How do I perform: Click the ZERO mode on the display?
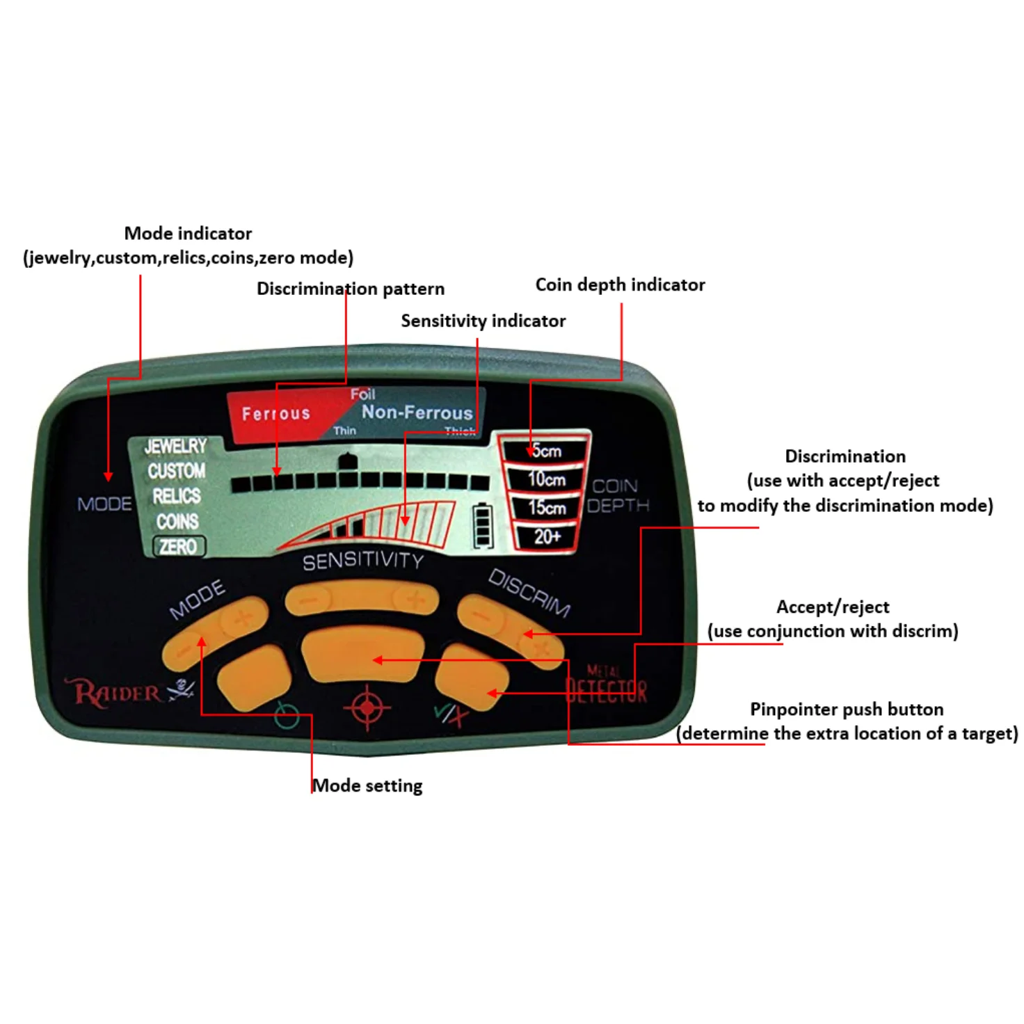tap(179, 547)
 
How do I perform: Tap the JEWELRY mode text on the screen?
tap(175, 446)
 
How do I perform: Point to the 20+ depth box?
tap(547, 536)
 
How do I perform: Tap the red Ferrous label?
tap(276, 414)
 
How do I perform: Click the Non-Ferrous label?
tap(417, 413)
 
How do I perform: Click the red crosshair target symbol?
tap(367, 707)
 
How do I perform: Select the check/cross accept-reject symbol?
tap(450, 714)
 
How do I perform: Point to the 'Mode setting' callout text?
tap(367, 785)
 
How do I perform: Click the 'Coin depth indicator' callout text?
tap(620, 285)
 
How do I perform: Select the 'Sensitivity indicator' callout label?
tap(483, 321)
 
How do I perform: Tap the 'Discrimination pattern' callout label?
tap(350, 289)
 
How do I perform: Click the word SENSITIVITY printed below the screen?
tap(362, 561)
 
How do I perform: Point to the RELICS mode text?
tap(177, 496)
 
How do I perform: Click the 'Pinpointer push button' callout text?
tap(847, 709)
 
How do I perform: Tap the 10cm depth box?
tap(546, 479)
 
